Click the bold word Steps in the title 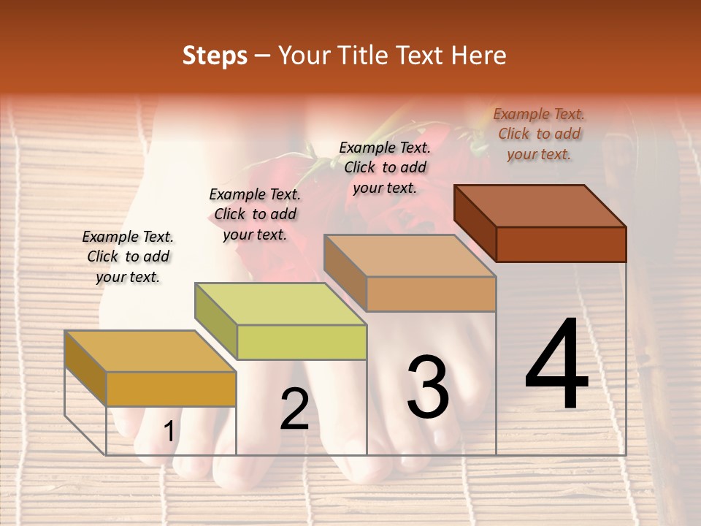coord(215,56)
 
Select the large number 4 coord(556,365)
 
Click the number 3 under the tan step coord(428,386)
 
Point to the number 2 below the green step coord(294,409)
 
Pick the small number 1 coord(169,432)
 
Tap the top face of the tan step coord(410,256)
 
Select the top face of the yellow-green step coord(280,304)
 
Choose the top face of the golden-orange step coord(150,351)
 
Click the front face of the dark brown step coord(561,244)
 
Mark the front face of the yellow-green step coord(302,342)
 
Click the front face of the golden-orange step coord(171,389)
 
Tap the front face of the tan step coord(431,294)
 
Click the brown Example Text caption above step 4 coord(539,134)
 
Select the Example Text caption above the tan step coord(385,167)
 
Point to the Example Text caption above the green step coord(255,214)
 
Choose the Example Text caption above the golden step coord(128,256)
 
